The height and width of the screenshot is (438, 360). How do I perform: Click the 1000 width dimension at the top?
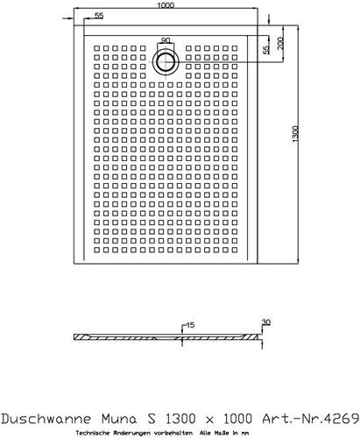pyautogui.click(x=166, y=5)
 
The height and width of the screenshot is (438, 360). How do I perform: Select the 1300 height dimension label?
pyautogui.click(x=295, y=134)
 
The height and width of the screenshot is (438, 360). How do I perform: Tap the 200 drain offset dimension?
pyautogui.click(x=280, y=43)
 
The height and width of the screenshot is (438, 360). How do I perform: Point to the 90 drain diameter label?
pyautogui.click(x=166, y=40)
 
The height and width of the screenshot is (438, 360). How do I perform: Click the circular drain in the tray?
pyautogui.click(x=166, y=61)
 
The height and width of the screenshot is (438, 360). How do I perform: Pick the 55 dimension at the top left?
pyautogui.click(x=99, y=16)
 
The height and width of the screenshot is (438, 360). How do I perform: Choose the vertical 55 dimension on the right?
pyautogui.click(x=266, y=50)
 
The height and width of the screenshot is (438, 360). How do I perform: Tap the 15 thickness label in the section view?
pyautogui.click(x=190, y=325)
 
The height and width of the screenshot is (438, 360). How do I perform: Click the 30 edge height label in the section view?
pyautogui.click(x=266, y=322)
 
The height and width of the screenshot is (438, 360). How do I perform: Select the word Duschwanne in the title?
pyautogui.click(x=46, y=419)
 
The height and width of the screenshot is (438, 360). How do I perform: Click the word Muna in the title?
pyautogui.click(x=119, y=419)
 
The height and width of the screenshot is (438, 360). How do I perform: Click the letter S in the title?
pyautogui.click(x=152, y=419)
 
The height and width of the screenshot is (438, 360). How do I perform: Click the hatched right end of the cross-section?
pyautogui.click(x=251, y=337)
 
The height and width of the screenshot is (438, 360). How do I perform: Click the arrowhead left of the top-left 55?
pyautogui.click(x=71, y=18)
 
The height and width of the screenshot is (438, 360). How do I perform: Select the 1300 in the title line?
pyautogui.click(x=180, y=419)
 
